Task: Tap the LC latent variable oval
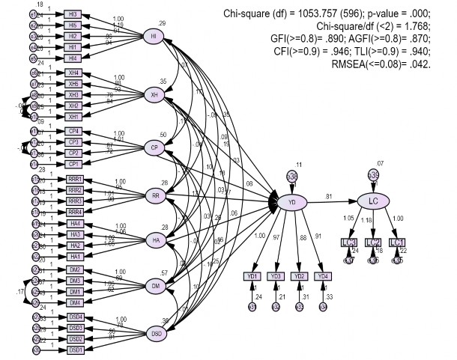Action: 372,201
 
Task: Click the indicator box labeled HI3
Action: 72,14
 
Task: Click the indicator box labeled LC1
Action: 396,242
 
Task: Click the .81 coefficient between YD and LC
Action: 328,197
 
